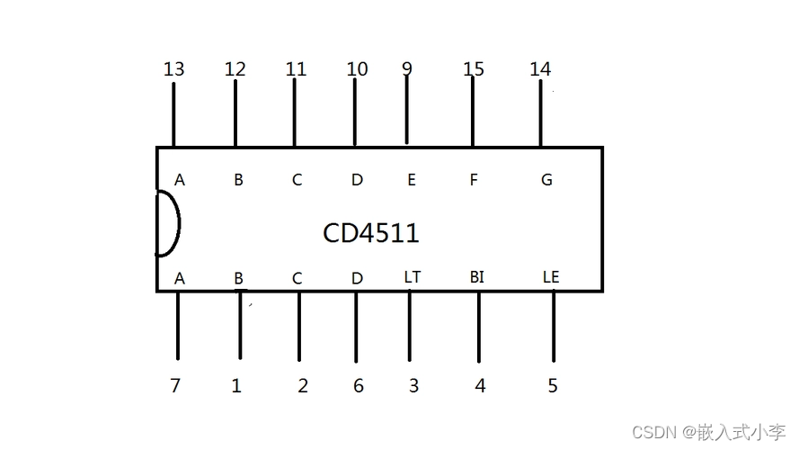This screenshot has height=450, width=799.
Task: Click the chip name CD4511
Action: coord(370,233)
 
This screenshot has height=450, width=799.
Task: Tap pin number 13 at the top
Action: coord(174,69)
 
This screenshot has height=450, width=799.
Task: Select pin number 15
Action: coord(474,69)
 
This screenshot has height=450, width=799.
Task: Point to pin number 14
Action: coord(540,69)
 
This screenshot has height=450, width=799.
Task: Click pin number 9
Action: coord(407,68)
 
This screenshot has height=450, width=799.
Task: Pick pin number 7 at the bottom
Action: coord(175,386)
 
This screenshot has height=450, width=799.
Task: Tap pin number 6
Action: coord(358,386)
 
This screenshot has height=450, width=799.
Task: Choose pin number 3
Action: coord(413,386)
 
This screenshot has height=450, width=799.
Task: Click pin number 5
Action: coord(552,386)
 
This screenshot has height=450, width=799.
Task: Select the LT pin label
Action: coord(412,277)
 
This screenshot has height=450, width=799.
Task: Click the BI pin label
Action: coord(476,277)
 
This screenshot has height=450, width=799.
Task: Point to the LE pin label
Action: coord(551,277)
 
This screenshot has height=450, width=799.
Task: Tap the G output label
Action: coord(546,180)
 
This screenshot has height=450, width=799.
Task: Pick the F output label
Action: coord(474,180)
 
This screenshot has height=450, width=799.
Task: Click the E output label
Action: coord(411,180)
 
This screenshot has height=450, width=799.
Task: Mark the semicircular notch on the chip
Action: coord(168,223)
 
